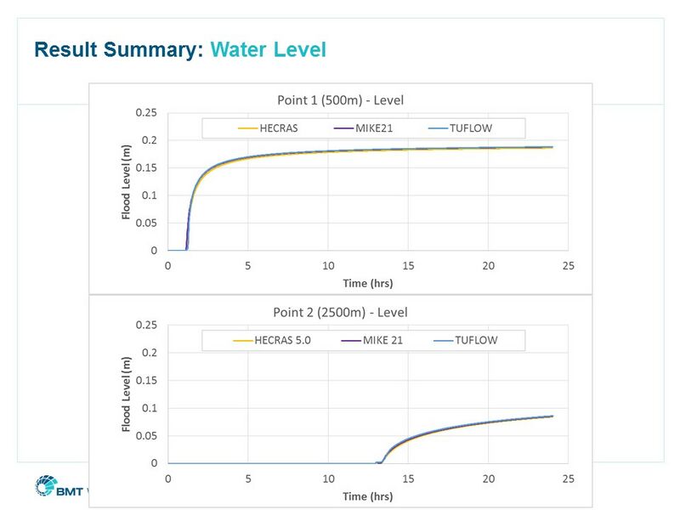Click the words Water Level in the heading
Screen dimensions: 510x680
269,50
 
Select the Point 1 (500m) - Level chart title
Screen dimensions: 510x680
340,100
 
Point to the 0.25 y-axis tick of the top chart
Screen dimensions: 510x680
146,112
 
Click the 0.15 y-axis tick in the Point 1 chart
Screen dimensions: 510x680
146,167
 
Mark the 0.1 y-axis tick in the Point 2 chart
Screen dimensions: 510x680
150,408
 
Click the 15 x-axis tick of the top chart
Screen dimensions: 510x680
408,266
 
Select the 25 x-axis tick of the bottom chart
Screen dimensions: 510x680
568,479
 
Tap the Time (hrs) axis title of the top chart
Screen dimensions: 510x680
368,283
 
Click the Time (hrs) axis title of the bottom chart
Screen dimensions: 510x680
368,496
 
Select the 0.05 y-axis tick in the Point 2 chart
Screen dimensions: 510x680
146,435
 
